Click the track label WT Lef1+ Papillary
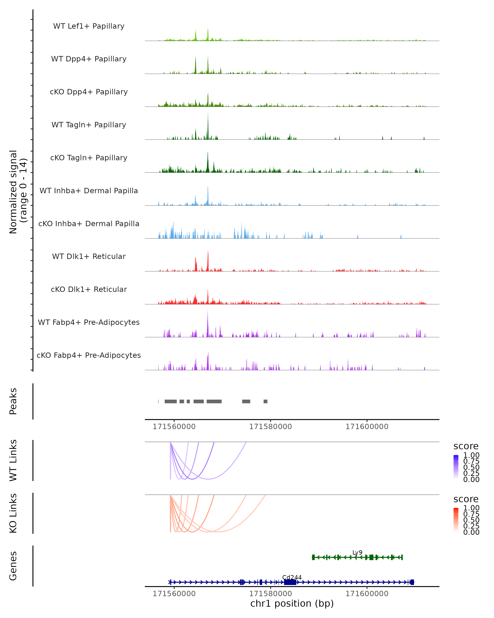click(89, 26)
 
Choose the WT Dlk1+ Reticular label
click(89, 256)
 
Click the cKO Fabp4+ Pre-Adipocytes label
click(89, 355)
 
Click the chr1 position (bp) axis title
click(292, 603)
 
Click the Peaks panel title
click(13, 401)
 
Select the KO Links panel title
click(13, 513)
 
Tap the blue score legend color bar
click(456, 467)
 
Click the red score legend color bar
click(456, 520)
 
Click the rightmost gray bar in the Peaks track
click(266, 401)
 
